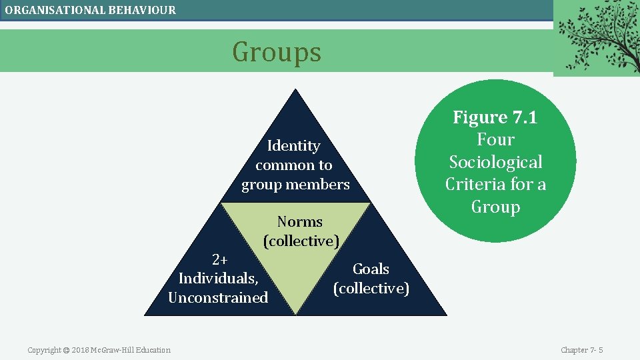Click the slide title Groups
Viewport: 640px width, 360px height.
point(277,52)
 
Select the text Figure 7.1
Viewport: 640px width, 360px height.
point(495,117)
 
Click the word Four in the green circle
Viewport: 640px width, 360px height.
point(495,140)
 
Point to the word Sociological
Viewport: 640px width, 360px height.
point(495,162)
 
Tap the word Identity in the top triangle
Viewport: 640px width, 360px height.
point(293,145)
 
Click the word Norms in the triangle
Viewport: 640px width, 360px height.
point(299,221)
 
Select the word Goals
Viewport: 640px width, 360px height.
point(371,269)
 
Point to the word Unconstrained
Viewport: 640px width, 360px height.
point(218,297)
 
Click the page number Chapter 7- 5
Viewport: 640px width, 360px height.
point(581,350)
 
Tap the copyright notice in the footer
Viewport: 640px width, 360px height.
point(99,350)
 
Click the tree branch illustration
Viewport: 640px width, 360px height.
point(596,37)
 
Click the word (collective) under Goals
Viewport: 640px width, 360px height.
point(371,288)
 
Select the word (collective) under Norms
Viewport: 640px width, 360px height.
point(301,241)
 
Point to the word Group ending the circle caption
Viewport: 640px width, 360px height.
point(495,207)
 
